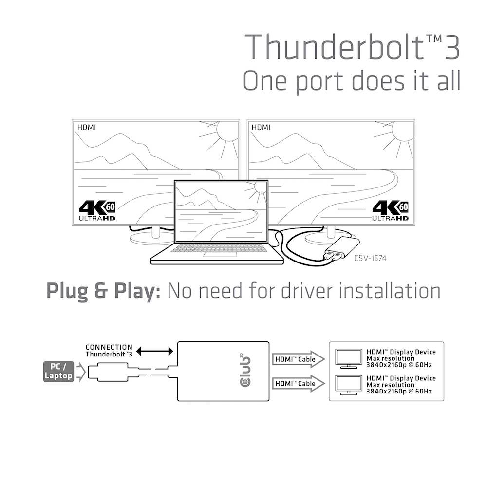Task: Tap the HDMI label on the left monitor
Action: coord(87,127)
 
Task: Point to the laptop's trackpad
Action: coord(216,254)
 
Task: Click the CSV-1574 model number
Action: coord(370,258)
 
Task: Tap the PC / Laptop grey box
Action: coord(58,371)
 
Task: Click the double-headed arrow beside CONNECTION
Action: coord(154,351)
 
